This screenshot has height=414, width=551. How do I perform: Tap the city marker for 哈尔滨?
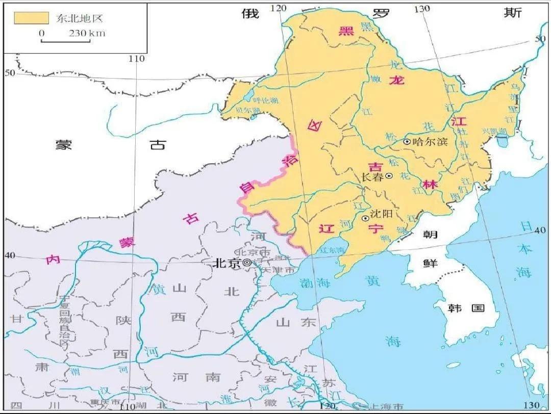[407, 142]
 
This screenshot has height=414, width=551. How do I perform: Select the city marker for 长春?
[389, 176]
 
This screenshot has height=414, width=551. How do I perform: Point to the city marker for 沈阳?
[365, 218]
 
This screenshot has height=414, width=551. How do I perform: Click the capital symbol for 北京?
[247, 263]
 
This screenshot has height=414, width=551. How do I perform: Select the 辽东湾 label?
[332, 250]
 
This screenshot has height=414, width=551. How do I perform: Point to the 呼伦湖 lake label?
[266, 100]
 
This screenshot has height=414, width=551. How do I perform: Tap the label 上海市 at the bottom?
[385, 406]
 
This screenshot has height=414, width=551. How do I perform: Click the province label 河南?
[196, 377]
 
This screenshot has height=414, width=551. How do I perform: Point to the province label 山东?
[296, 322]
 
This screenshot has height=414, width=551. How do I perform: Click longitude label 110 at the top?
[137, 59]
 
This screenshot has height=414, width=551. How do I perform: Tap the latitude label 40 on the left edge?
[10, 255]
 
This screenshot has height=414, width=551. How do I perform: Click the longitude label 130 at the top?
[422, 9]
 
